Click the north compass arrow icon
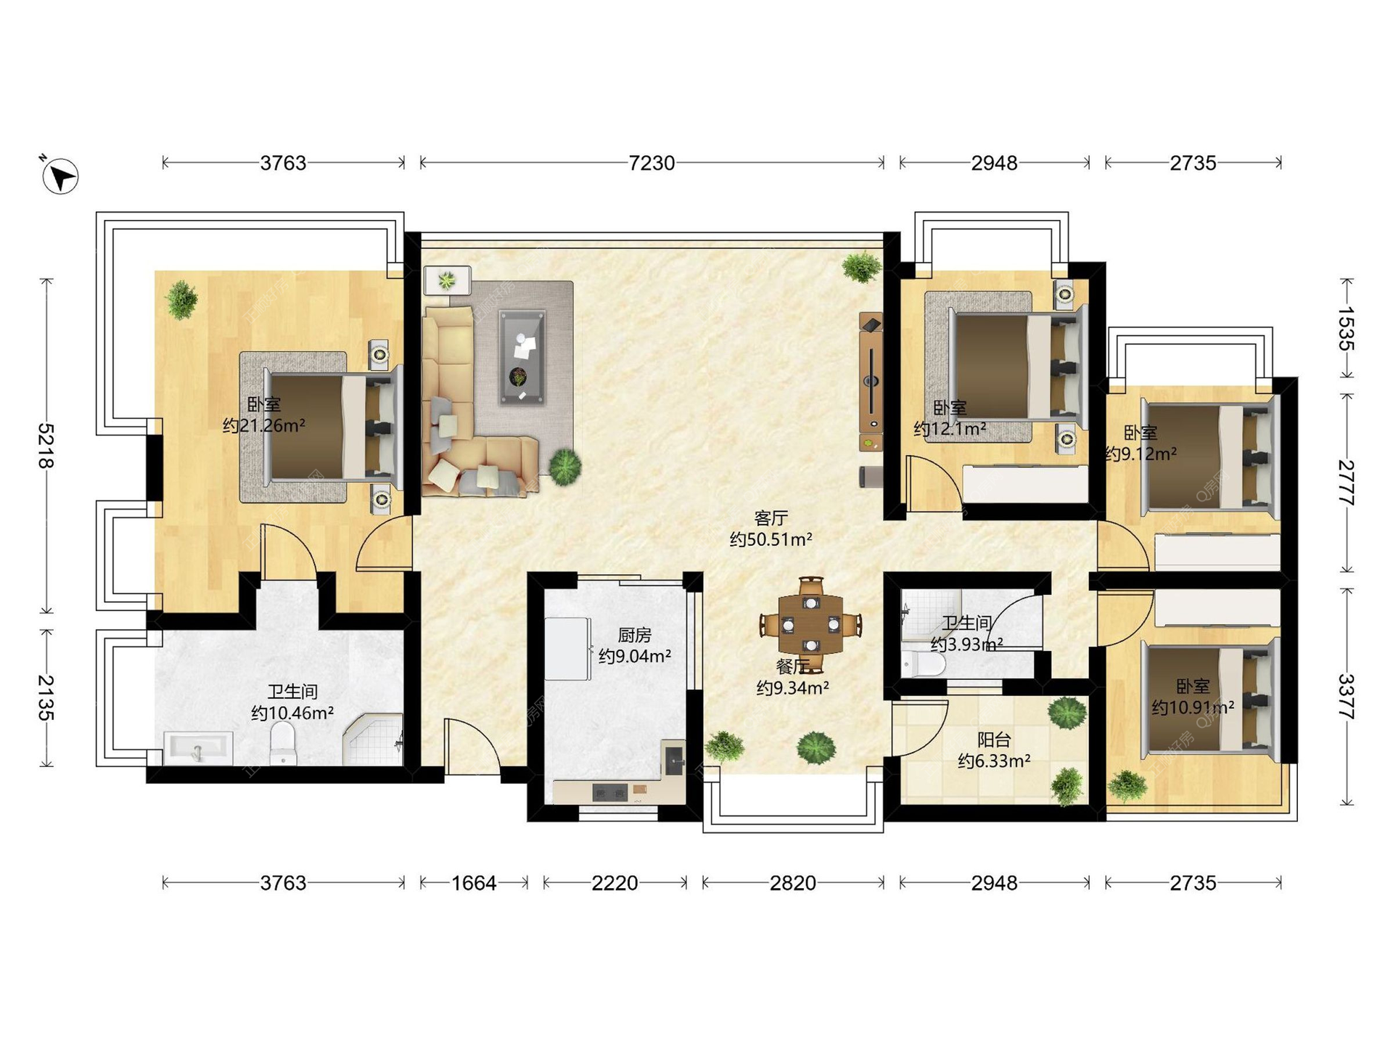60,176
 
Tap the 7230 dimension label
652,163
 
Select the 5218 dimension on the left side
46,446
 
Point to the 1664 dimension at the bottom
474,883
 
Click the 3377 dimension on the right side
1347,697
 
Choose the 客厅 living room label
771,518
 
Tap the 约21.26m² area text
263,426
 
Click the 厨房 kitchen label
635,636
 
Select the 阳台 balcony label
994,740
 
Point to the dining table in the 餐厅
811,624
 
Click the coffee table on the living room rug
522,356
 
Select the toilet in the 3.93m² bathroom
924,665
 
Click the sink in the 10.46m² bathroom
198,748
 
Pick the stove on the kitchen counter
609,792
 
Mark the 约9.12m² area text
1141,454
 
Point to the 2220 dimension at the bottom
615,883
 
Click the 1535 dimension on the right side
1347,329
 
